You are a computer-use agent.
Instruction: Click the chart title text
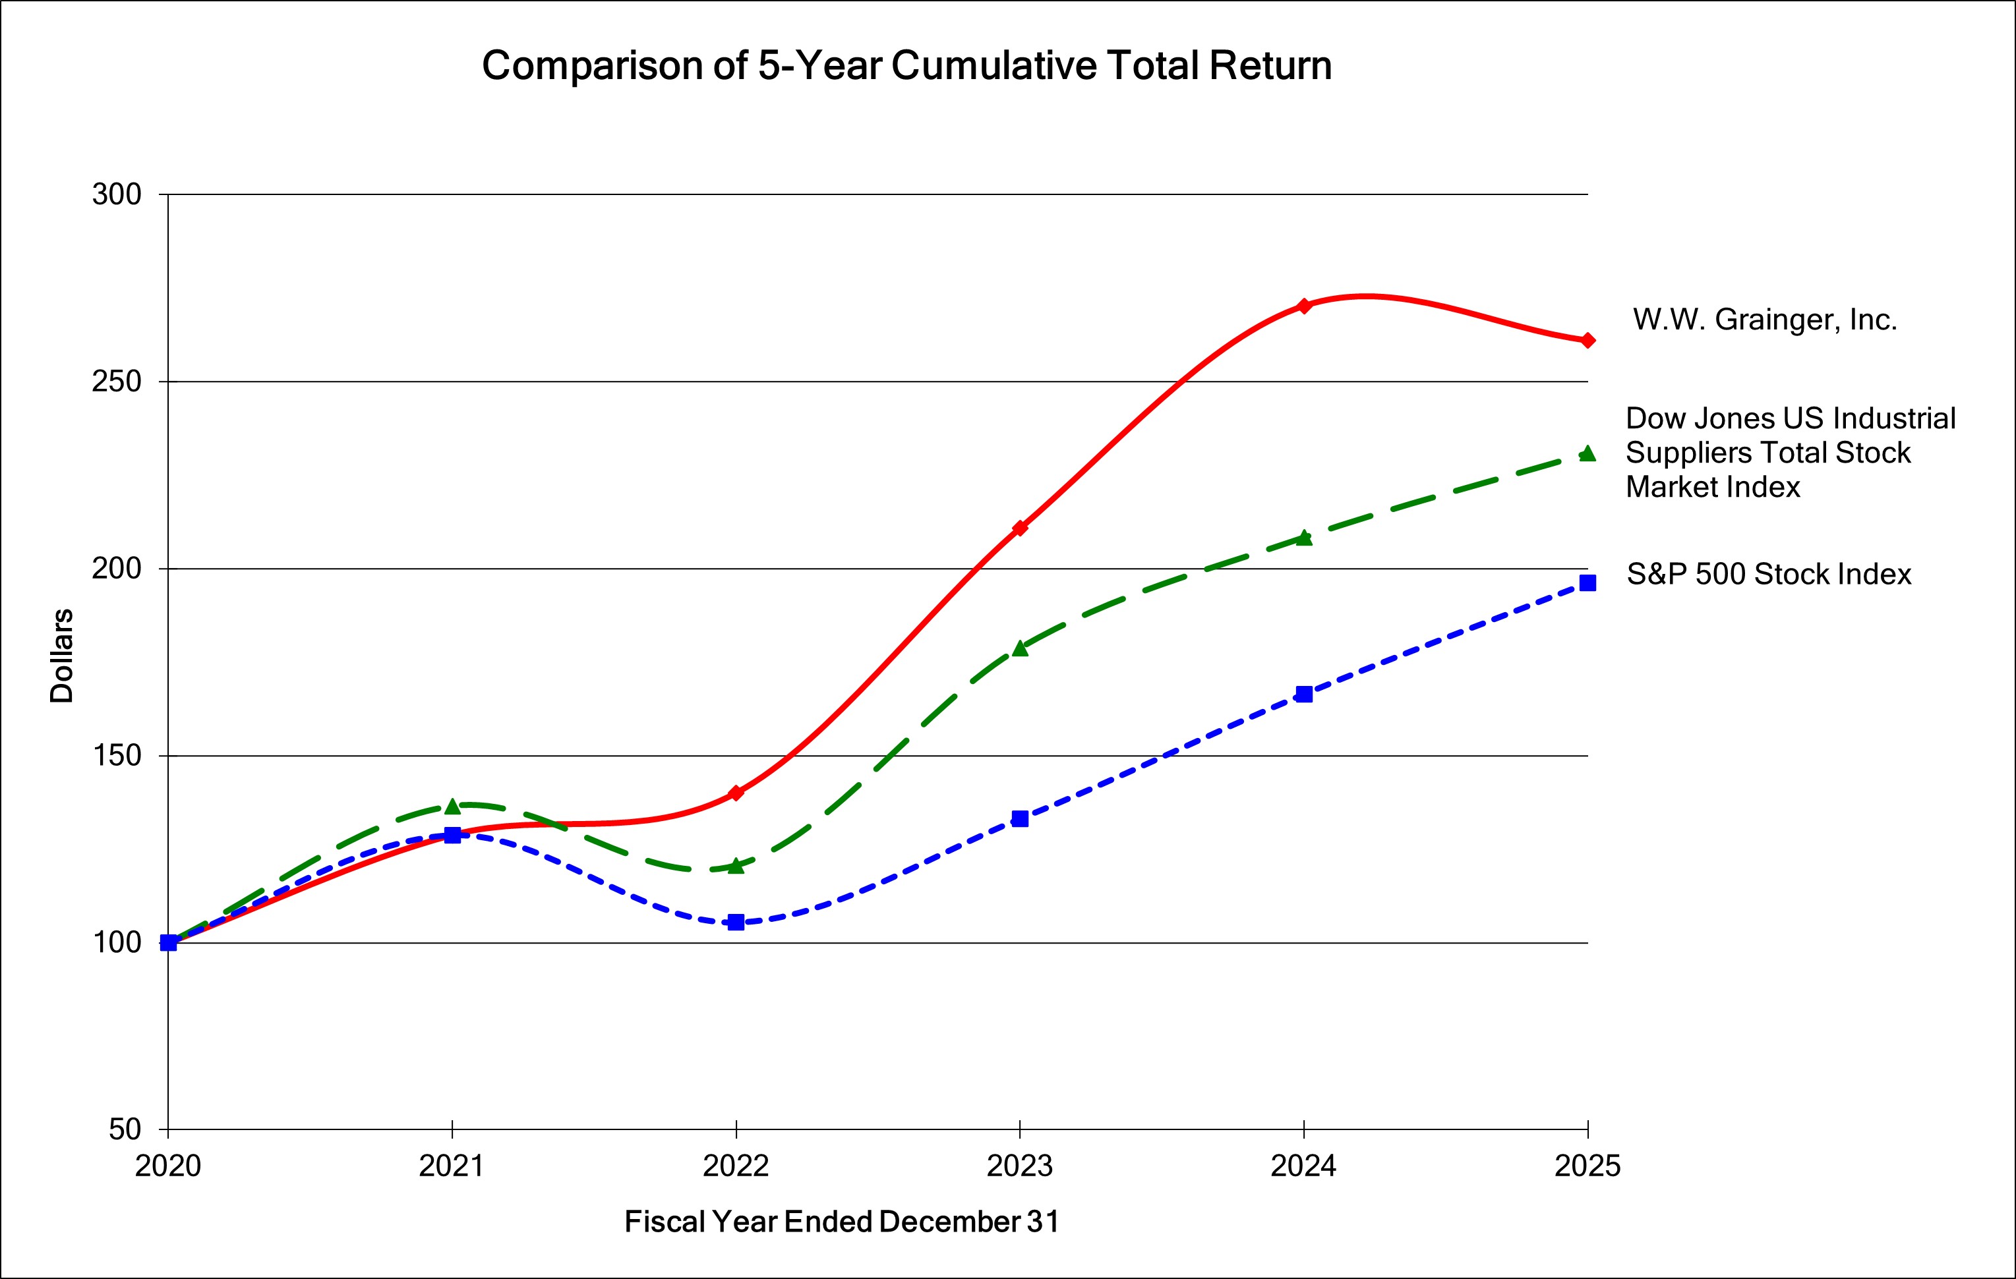(906, 65)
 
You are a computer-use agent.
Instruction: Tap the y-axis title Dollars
(62, 656)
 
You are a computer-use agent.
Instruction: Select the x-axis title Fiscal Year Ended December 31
(841, 1221)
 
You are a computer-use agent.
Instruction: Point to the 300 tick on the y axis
(117, 194)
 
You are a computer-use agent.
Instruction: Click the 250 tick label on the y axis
(117, 382)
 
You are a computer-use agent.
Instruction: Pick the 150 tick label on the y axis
(117, 756)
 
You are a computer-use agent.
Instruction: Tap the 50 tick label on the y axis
(125, 1129)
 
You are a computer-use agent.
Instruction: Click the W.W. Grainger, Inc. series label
(1764, 320)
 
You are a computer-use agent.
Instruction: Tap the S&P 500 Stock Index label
(1768, 574)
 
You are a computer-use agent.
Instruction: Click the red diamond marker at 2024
(1303, 306)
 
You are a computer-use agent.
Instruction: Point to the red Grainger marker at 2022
(736, 793)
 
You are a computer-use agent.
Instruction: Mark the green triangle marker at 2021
(452, 806)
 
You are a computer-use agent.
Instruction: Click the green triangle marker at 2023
(1020, 648)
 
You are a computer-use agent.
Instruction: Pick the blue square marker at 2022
(736, 922)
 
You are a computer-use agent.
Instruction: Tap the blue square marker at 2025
(1587, 583)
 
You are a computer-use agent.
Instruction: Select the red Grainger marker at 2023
(1020, 528)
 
